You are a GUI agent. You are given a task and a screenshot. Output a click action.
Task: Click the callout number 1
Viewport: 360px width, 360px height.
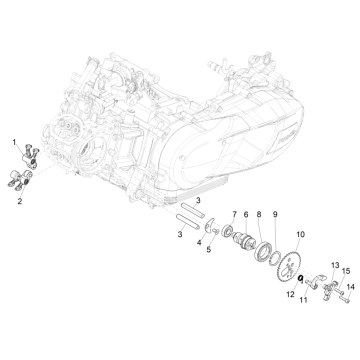[x=14, y=144]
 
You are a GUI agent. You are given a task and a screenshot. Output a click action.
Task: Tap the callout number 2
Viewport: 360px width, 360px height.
[x=18, y=201]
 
